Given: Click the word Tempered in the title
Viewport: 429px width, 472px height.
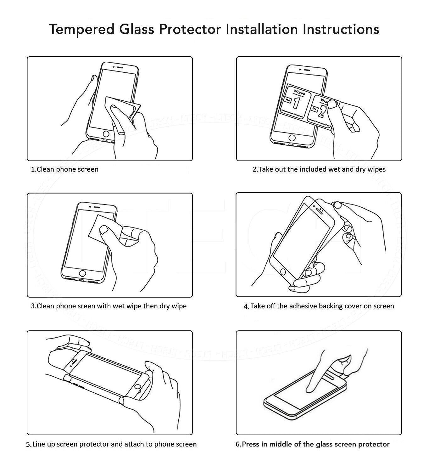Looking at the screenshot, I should [x=81, y=29].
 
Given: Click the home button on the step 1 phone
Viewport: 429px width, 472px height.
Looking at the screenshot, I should [x=106, y=134].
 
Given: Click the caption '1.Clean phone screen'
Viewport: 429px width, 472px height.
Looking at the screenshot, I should [x=64, y=169].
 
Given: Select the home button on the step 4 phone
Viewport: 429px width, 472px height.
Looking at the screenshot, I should [x=283, y=272].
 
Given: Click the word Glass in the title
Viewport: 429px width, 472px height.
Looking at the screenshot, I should [x=136, y=29].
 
